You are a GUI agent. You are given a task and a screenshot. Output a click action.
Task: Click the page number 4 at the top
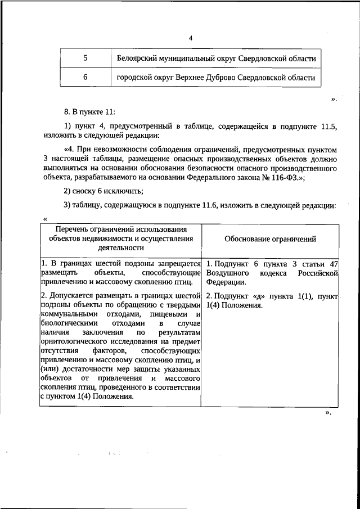click(190, 38)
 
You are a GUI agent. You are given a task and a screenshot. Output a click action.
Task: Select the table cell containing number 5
click(85, 58)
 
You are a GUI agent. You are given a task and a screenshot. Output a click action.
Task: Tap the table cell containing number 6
click(85, 77)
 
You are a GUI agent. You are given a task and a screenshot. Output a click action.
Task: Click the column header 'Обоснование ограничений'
click(270, 239)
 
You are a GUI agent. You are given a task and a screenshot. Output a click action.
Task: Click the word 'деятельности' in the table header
click(121, 247)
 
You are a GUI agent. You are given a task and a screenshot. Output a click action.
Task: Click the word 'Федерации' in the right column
click(224, 282)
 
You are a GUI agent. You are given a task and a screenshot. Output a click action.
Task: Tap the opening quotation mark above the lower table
click(44, 218)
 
